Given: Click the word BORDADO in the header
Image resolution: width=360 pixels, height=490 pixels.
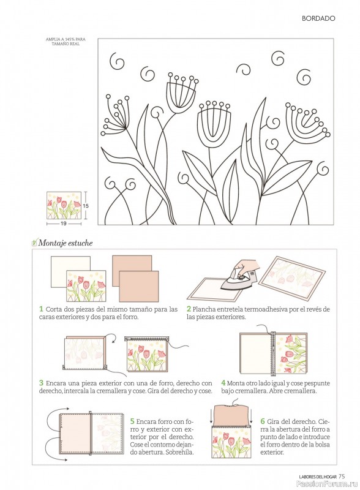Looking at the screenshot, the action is pos(318,18).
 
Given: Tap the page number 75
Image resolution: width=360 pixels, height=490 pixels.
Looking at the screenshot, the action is pos(342,477).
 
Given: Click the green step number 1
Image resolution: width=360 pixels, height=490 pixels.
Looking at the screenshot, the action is pos(41,309).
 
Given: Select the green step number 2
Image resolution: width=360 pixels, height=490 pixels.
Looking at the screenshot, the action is pos(189,309).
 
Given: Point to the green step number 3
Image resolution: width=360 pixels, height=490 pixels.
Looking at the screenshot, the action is pos(41,383).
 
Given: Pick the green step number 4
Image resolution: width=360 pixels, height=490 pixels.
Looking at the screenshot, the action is pos(223,383).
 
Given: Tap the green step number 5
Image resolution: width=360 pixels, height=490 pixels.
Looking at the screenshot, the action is pos(132,421).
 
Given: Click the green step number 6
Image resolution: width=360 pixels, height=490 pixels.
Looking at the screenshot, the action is pos(263,421).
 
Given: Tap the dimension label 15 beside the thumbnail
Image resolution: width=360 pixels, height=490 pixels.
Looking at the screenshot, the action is pos(86,206).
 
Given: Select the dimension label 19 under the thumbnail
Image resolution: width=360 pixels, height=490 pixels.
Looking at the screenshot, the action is pos(64,224).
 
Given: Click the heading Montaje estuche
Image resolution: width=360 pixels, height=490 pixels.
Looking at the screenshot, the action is pos(66,243).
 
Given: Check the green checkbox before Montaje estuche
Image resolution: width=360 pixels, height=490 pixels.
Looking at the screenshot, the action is pos(34,242).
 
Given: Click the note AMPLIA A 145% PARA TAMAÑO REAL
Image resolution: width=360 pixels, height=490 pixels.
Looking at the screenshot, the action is pos(66,42).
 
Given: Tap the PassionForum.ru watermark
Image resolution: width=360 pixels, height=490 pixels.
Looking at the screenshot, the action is pos(327,484).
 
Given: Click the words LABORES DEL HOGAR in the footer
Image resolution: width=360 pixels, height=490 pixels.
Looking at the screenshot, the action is pos(318,477).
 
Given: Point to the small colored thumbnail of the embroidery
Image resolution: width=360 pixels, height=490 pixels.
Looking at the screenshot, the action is pos(64,205).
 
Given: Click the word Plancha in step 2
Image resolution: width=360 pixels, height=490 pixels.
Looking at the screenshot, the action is pos(201,309).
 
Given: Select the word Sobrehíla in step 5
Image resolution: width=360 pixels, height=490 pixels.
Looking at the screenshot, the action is pos(179,452).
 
